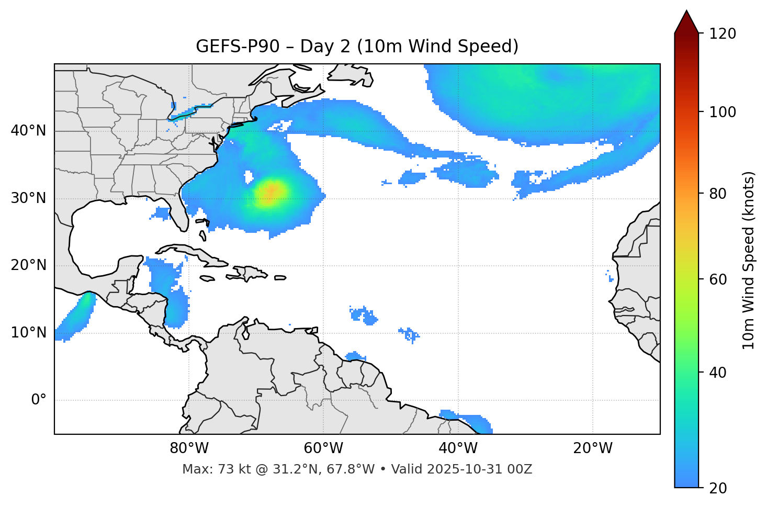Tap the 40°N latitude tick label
28,131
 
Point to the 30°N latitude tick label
28,198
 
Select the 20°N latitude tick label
28,265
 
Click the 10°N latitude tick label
28,333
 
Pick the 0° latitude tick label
38,400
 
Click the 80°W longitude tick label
189,448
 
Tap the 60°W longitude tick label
323,448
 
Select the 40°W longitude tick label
458,448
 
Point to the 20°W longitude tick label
593,448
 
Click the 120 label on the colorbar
722,34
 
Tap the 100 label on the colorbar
722,112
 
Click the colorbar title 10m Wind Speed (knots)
749,261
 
